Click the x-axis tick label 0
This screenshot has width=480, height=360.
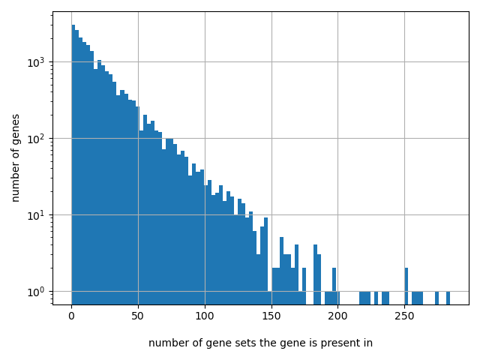(71, 316)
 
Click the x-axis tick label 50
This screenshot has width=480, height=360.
(138, 316)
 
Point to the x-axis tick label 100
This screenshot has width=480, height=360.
(205, 316)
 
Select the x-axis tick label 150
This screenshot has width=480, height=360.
(271, 316)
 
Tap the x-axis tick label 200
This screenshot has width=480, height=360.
(337, 316)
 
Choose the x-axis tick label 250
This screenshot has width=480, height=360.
(404, 316)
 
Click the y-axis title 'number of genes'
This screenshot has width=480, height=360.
(16, 157)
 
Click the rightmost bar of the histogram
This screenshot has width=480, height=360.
(448, 298)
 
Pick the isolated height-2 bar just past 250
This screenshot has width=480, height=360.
(406, 285)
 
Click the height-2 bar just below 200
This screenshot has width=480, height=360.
(334, 285)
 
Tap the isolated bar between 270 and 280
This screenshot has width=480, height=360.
(436, 298)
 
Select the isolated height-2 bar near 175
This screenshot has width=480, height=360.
(304, 285)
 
